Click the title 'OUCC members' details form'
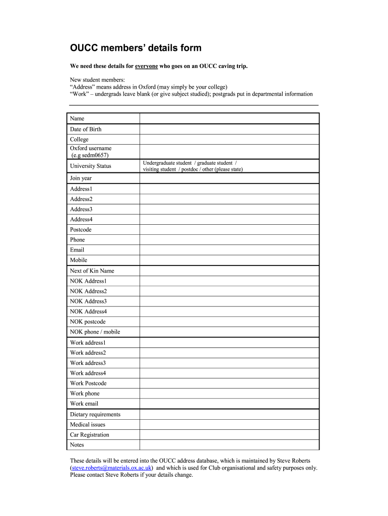point(135,48)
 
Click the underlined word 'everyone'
point(146,67)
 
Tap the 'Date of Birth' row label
point(86,130)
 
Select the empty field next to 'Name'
point(229,118)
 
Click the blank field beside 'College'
point(229,140)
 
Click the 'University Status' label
point(91,166)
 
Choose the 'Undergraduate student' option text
point(167,163)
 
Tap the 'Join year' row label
point(81,178)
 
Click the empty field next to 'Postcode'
point(229,230)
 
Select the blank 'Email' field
point(229,250)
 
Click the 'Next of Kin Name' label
point(92,271)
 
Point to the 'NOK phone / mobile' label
point(95,332)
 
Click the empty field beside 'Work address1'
point(229,343)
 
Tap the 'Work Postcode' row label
point(88,383)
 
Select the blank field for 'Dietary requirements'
point(229,414)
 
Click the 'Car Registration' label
point(90,435)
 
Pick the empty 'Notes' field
point(229,445)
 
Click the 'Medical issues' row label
point(88,425)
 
